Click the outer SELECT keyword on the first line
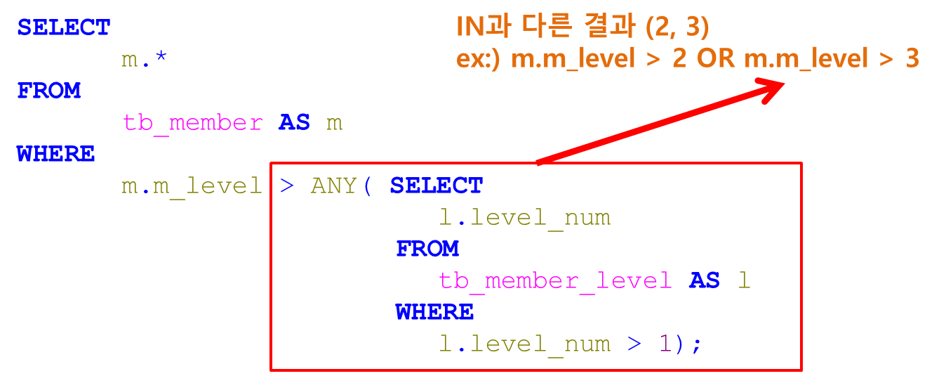pyautogui.click(x=64, y=28)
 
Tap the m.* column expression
pyautogui.click(x=144, y=60)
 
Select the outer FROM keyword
pyautogui.click(x=49, y=91)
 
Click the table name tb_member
pyautogui.click(x=192, y=123)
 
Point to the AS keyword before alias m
pyautogui.click(x=294, y=123)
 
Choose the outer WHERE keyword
pyautogui.click(x=56, y=154)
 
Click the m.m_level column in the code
pyautogui.click(x=192, y=186)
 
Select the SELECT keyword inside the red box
pyautogui.click(x=437, y=186)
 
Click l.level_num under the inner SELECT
pyautogui.click(x=524, y=218)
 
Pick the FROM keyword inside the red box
pyautogui.click(x=427, y=249)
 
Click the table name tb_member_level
pyautogui.click(x=555, y=281)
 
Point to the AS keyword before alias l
pyautogui.click(x=705, y=281)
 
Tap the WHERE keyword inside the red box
pyautogui.click(x=434, y=312)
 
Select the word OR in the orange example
pyautogui.click(x=715, y=59)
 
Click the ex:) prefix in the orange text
pyautogui.click(x=480, y=59)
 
